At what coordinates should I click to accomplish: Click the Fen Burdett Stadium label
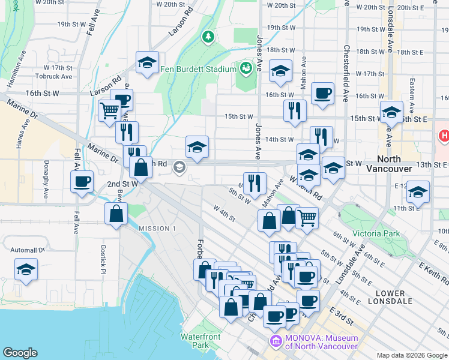tap(198, 69)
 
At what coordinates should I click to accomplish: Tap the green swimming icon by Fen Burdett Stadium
tap(246, 69)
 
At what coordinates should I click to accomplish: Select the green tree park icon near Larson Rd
tap(208, 37)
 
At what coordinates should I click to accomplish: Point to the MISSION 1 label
tap(157, 229)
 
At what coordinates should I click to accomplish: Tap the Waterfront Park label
tap(200, 340)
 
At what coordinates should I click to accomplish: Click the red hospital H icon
tap(444, 136)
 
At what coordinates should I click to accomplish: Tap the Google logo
tap(20, 353)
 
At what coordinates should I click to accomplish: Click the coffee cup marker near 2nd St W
tap(82, 181)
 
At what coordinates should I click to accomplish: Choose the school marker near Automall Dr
tap(26, 269)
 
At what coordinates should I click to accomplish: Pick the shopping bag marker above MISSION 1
tap(116, 214)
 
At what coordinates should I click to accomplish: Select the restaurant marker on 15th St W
tap(295, 110)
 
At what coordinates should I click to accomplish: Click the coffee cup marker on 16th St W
tap(322, 93)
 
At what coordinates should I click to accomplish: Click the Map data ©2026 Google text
tap(411, 355)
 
